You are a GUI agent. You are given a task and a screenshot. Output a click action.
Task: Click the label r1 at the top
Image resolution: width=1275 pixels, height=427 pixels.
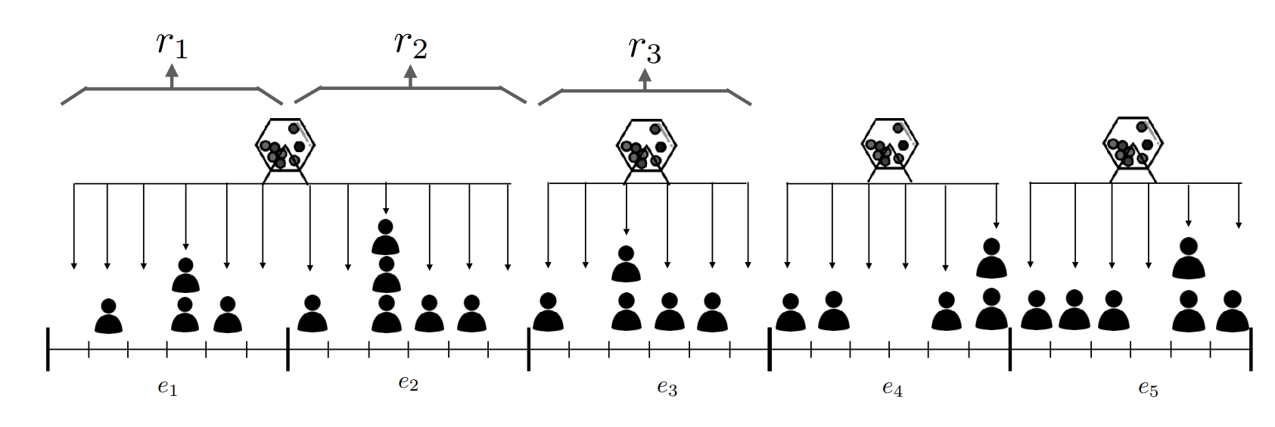172,45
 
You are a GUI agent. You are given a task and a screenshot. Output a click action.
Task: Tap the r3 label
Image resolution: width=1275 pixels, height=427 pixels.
645,49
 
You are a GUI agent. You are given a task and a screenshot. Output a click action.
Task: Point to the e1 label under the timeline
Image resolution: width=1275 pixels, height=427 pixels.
168,388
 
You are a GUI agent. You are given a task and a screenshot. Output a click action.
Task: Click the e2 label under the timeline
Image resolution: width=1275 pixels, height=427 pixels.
408,382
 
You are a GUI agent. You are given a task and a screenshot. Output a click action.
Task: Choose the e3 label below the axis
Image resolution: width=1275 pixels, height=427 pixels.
667,388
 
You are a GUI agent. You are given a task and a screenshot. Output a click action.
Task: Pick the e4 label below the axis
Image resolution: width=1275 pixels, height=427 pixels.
892,388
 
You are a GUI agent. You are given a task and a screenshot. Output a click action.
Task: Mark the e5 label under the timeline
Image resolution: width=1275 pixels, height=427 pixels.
1148,388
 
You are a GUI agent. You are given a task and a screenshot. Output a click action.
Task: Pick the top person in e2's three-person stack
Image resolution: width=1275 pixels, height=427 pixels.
386,236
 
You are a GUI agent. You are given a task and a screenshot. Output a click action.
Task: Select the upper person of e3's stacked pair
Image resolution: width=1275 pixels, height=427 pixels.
626,263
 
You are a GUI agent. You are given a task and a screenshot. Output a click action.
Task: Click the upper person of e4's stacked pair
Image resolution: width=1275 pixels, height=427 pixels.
991,258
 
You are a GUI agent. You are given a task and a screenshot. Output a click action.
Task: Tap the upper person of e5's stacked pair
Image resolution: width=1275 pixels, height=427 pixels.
1188,257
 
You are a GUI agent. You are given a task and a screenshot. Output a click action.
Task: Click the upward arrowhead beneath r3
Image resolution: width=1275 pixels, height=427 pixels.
645,75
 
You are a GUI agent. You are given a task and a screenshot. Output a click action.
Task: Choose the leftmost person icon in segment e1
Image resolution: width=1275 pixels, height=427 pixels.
108,316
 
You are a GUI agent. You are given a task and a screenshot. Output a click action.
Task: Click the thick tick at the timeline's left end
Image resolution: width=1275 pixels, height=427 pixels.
48,349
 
